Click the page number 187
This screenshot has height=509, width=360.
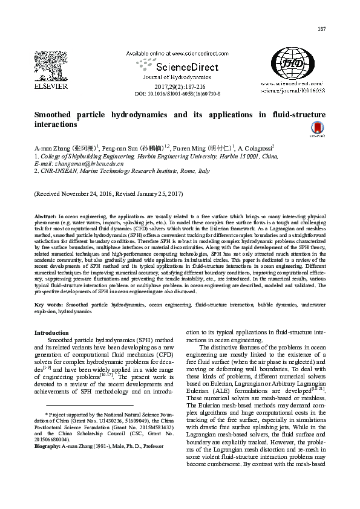tap(321, 30)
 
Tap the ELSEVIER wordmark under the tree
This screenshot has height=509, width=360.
tap(51, 86)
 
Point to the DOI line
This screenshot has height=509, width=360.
tap(177, 94)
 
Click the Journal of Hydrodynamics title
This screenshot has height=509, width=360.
tap(177, 77)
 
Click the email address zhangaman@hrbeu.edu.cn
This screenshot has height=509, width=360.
tap(88, 163)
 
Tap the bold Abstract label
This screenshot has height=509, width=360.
tap(45, 216)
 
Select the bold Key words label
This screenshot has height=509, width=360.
tap(48, 305)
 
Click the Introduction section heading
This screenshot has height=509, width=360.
tap(51, 333)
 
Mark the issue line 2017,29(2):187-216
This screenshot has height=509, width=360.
tap(177, 86)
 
